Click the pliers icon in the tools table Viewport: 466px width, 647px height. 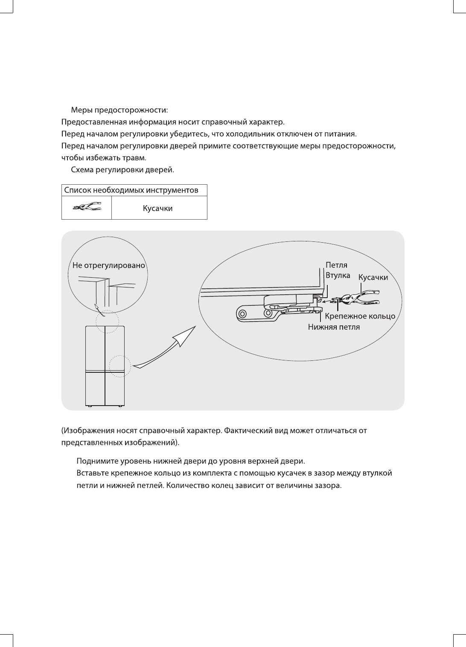[x=87, y=208]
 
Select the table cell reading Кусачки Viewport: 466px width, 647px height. [x=157, y=209]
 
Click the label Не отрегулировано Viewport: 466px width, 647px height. [x=109, y=265]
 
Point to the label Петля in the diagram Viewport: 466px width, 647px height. [x=336, y=265]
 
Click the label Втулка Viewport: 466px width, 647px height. [x=338, y=276]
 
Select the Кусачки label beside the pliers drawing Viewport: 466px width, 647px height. [x=373, y=278]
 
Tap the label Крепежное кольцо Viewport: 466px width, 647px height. [x=360, y=316]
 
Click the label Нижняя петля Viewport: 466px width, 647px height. [x=334, y=327]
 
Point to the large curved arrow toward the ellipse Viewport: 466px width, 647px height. [x=166, y=348]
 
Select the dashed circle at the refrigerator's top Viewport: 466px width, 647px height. [x=107, y=322]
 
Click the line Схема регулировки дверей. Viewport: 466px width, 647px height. [x=122, y=170]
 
